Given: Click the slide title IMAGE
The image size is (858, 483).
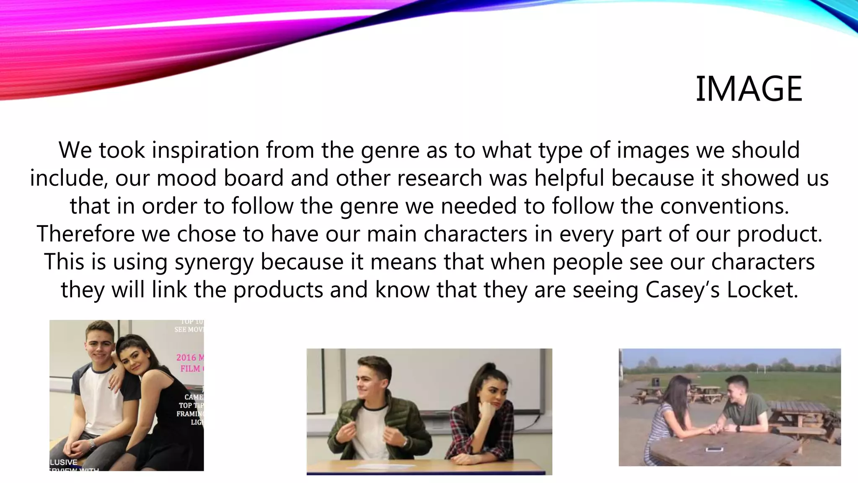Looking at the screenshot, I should click(x=749, y=89).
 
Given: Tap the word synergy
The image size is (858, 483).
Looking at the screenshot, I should click(x=214, y=262).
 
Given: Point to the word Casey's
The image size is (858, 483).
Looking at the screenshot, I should click(x=682, y=290).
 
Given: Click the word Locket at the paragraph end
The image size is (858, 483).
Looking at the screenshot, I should click(x=762, y=290).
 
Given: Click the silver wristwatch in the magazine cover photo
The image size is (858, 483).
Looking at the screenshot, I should click(x=92, y=443).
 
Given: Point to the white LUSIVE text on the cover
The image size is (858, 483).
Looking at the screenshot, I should click(x=64, y=462).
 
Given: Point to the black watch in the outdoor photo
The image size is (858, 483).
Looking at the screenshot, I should click(x=737, y=428).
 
